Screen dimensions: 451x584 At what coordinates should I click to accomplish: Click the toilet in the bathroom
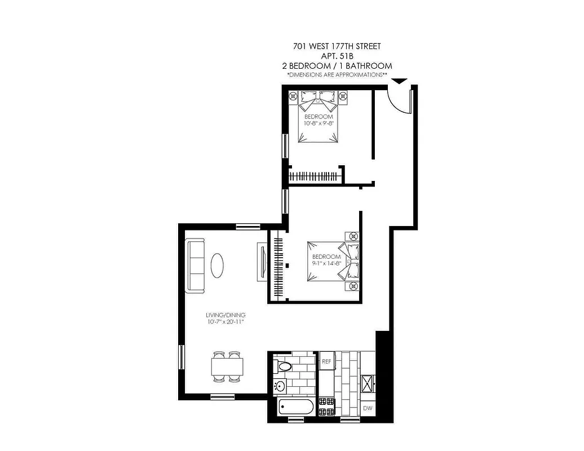coord(284,366)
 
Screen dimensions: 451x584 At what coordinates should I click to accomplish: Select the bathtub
coord(297,407)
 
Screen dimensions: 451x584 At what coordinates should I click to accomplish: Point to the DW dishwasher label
coord(368,408)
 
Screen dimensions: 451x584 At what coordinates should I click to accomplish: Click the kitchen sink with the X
coord(368,383)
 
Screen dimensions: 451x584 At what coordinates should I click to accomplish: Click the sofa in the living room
coord(196,264)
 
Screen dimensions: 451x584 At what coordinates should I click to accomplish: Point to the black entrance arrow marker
coord(399,81)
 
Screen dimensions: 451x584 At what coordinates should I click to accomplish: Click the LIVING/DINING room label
coord(225,315)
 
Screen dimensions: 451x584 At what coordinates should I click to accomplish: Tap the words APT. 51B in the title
coord(337,56)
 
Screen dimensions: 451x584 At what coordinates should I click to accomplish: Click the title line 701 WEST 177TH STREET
coord(337,46)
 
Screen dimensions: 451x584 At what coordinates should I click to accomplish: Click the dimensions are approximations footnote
coord(337,74)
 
